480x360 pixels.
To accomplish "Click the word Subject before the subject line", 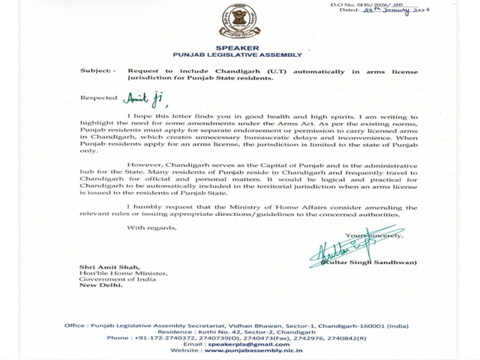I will (x=97, y=70).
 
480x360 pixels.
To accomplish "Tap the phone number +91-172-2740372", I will (x=163, y=337).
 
